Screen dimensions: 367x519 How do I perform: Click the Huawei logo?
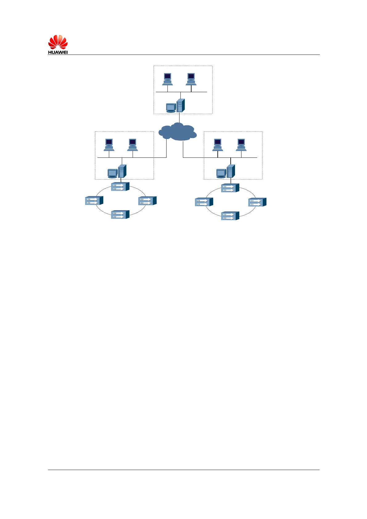click(58, 44)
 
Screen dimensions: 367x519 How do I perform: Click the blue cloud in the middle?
click(178, 132)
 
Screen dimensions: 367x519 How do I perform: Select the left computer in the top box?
click(167, 79)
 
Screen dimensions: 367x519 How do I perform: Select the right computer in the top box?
click(191, 79)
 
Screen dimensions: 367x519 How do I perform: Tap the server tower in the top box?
click(180, 105)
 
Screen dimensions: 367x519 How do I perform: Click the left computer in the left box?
click(109, 145)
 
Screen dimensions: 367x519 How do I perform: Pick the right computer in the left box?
click(133, 145)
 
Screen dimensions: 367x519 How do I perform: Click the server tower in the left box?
click(122, 171)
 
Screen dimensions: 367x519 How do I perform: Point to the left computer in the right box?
click(218, 145)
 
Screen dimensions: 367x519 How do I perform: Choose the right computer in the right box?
click(241, 145)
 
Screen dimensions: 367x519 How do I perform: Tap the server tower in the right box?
click(231, 171)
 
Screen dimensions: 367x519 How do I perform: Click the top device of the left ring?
click(120, 186)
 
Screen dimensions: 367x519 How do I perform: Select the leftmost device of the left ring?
click(94, 201)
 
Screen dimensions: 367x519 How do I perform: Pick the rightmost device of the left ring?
click(147, 201)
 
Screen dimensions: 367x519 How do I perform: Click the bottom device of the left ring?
click(120, 215)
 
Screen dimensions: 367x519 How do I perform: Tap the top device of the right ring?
click(230, 188)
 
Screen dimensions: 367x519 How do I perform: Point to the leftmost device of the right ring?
click(204, 202)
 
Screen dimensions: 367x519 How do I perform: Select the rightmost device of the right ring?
click(257, 202)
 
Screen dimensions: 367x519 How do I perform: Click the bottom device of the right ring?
click(230, 216)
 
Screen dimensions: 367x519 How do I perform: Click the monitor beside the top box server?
click(171, 108)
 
